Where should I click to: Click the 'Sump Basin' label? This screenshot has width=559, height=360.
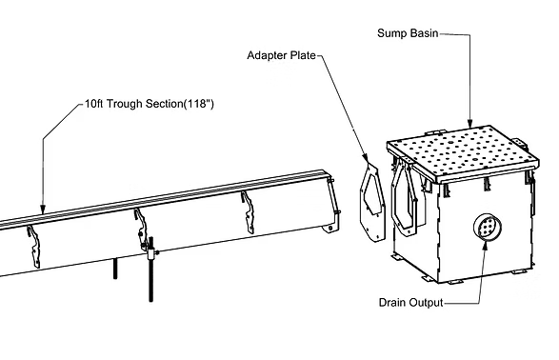[x=408, y=33]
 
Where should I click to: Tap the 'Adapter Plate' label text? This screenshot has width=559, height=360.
[x=281, y=55]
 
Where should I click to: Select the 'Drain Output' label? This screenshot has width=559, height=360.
[x=410, y=303]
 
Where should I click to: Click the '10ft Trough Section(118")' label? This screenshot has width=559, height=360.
[x=149, y=104]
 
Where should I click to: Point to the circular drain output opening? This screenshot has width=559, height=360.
[x=487, y=227]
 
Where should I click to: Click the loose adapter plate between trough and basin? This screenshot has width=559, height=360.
[x=372, y=202]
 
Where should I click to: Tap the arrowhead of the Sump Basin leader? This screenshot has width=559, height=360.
[x=470, y=123]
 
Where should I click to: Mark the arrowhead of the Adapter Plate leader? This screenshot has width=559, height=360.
[x=366, y=157]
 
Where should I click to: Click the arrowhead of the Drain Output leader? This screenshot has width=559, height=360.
[x=486, y=245]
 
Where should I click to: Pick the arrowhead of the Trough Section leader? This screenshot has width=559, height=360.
[x=43, y=210]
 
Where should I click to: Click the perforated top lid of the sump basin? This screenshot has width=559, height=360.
[x=463, y=152]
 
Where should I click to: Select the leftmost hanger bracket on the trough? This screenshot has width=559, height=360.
[x=34, y=247]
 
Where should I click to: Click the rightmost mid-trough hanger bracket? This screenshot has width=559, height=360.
[x=249, y=212]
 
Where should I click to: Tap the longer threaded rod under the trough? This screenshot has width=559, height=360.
[x=151, y=270]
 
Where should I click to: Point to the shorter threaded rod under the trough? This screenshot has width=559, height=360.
[x=115, y=268]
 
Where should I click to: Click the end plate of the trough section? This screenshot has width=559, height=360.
[x=333, y=204]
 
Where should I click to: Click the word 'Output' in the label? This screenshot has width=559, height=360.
[x=426, y=303]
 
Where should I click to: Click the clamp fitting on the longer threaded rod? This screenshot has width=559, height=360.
[x=151, y=253]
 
